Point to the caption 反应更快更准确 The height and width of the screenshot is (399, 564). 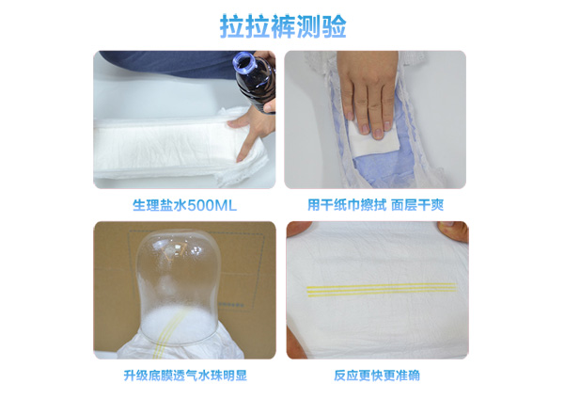pyautogui.click(x=376, y=375)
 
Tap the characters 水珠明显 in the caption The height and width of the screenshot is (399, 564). pyautogui.click(x=222, y=375)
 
